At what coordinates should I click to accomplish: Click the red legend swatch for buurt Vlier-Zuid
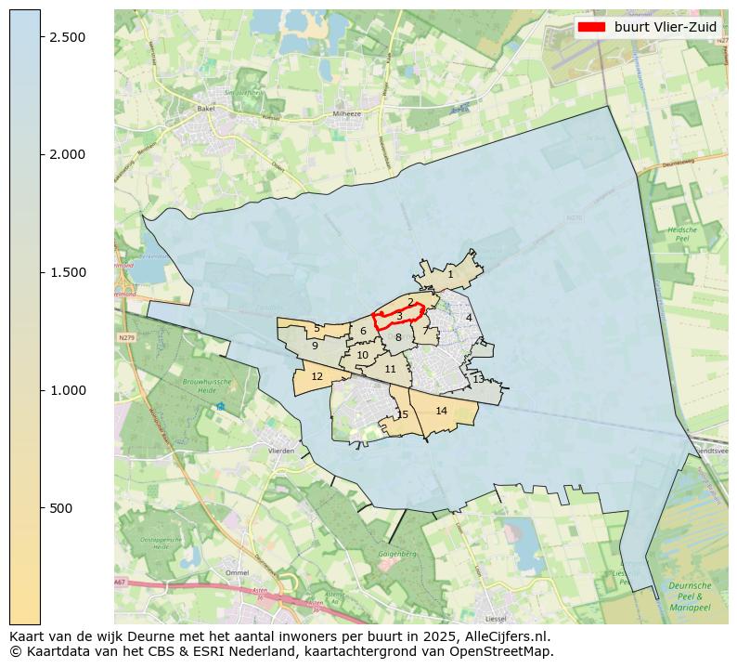pyautogui.click(x=590, y=27)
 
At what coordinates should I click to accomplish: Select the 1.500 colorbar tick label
pyautogui.click(x=68, y=272)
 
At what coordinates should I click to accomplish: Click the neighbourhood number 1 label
pyautogui.click(x=450, y=274)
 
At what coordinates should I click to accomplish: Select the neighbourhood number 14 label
pyautogui.click(x=441, y=411)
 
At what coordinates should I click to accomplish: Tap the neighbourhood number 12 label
pyautogui.click(x=317, y=376)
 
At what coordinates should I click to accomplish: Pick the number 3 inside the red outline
pyautogui.click(x=399, y=317)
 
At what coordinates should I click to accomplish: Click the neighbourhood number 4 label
pyautogui.click(x=469, y=318)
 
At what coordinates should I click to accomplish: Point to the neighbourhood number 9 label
pyautogui.click(x=315, y=346)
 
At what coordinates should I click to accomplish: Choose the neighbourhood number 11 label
pyautogui.click(x=390, y=369)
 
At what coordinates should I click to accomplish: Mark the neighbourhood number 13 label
pyautogui.click(x=477, y=379)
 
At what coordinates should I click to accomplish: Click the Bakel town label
pyautogui.click(x=205, y=109)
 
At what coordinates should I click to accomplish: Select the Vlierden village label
pyautogui.click(x=280, y=451)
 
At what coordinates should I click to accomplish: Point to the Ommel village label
pyautogui.click(x=237, y=572)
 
